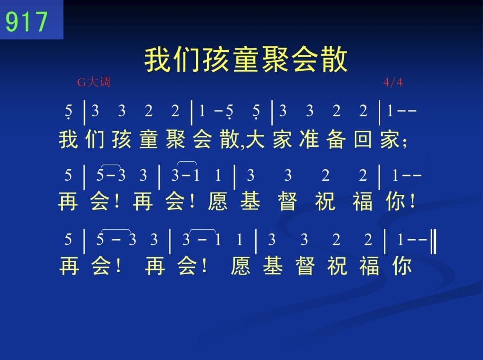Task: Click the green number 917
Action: click(26, 21)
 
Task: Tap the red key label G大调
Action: click(94, 82)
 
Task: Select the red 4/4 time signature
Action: click(393, 82)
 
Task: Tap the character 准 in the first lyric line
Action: click(308, 139)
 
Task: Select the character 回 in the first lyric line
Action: click(363, 139)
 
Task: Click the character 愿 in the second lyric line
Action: click(217, 201)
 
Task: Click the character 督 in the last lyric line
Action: click(305, 266)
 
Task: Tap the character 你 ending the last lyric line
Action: click(402, 266)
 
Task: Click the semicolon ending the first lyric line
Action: click(404, 143)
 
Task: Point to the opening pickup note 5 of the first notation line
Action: click(68, 111)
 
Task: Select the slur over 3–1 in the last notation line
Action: click(202, 231)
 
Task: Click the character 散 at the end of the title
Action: click(334, 59)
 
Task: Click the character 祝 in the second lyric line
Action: click(325, 201)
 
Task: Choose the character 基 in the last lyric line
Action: click(273, 266)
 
